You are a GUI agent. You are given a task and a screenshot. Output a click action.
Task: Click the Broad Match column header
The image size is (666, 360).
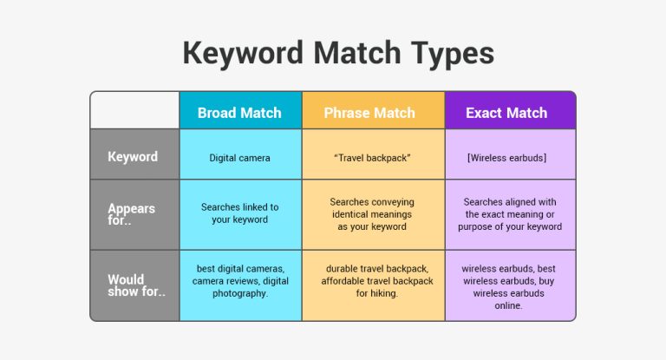tap(239, 113)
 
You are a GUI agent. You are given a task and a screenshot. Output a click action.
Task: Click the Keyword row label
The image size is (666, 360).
tap(133, 157)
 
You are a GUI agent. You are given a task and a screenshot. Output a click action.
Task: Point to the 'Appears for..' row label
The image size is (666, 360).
tap(133, 214)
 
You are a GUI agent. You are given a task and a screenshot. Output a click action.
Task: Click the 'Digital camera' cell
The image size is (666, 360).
tap(239, 158)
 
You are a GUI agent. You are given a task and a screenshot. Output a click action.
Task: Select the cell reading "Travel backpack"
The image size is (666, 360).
tap(372, 158)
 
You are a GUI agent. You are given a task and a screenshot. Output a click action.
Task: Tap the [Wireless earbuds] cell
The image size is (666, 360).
tap(510, 158)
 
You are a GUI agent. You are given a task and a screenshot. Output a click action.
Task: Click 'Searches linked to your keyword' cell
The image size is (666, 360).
tap(239, 213)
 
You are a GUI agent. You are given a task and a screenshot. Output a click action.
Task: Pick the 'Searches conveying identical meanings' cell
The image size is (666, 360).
tap(372, 213)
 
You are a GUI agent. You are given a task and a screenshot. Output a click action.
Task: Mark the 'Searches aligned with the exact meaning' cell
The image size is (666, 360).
tap(510, 213)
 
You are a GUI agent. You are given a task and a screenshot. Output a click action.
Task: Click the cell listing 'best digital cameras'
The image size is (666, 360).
tap(239, 281)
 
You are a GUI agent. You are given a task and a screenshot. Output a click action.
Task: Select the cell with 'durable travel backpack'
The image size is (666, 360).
tap(372, 281)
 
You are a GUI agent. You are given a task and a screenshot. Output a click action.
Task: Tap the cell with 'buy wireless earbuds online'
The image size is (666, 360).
tap(510, 286)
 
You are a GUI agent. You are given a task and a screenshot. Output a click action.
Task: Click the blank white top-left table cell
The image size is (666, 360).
tap(135, 111)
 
